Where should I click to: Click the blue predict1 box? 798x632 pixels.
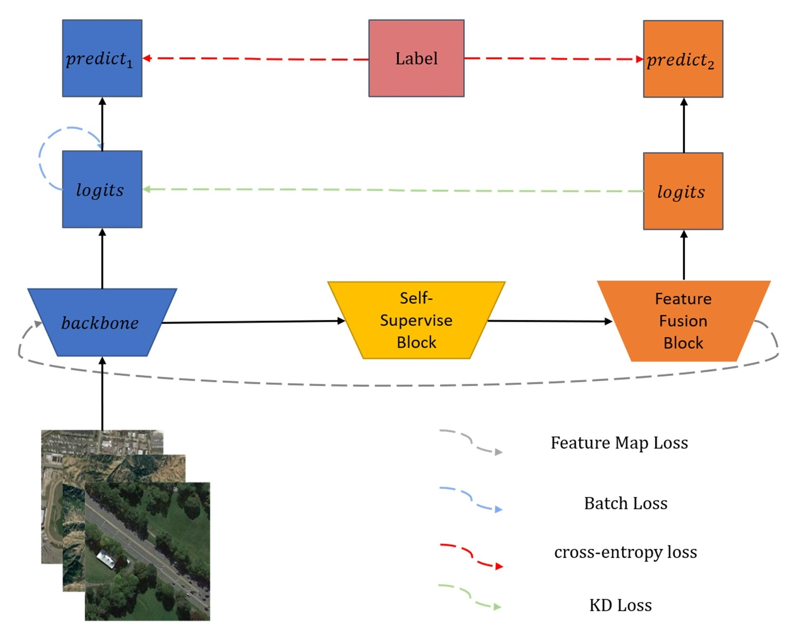coord(102,58)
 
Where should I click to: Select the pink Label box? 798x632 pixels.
coord(416,58)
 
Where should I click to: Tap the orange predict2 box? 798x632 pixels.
coord(683,59)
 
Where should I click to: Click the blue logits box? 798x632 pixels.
coord(102,189)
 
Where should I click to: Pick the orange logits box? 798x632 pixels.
coord(683,191)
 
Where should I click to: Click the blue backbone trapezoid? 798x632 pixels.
coord(102,323)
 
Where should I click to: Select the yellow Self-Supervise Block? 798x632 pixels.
coord(416,320)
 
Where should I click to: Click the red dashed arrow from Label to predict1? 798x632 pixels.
coord(256,59)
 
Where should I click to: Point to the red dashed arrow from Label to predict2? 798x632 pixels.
coord(554,59)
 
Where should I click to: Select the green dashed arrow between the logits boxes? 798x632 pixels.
coord(393,190)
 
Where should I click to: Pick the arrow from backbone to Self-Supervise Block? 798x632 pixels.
coord(252,322)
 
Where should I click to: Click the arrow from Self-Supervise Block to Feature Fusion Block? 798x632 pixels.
coord(550,321)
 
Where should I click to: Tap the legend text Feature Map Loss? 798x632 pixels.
coord(619,443)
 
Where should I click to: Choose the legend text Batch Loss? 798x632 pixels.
coord(625,503)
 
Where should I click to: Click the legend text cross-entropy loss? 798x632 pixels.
coord(625,552)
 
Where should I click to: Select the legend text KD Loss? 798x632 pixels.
coord(620,605)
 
